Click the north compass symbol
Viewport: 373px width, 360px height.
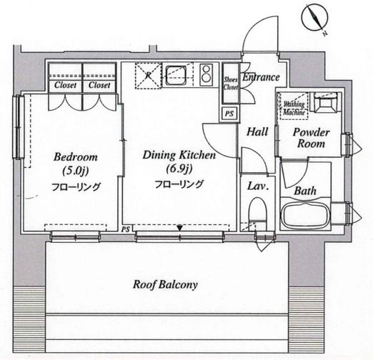(315, 19)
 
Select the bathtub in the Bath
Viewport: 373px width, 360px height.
(305, 214)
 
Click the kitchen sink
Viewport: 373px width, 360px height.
(176, 75)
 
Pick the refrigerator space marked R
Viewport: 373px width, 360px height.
(148, 76)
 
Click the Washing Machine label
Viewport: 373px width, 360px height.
(294, 109)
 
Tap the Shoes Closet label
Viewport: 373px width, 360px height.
(230, 84)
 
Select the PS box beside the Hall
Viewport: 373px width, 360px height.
(229, 114)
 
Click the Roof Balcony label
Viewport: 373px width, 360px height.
(165, 284)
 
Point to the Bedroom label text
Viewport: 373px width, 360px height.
(76, 157)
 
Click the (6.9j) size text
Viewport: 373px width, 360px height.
(179, 169)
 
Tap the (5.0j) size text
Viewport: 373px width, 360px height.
(76, 171)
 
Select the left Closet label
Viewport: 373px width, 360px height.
(65, 85)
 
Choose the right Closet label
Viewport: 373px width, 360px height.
(99, 85)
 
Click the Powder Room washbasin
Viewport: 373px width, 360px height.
(325, 102)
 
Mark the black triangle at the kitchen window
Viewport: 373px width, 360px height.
(180, 228)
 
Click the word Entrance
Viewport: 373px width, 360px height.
(261, 77)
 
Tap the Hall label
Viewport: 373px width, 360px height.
(257, 131)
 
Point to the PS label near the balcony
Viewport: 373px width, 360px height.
(126, 229)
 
